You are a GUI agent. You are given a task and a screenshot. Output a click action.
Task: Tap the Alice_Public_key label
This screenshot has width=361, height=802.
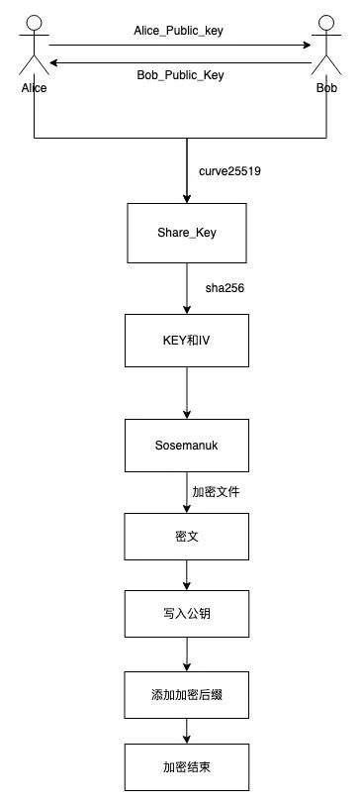click(x=178, y=31)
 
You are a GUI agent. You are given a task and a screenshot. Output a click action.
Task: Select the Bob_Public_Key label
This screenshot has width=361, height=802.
click(x=180, y=75)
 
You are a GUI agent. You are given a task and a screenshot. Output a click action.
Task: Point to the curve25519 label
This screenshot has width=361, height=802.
click(x=229, y=171)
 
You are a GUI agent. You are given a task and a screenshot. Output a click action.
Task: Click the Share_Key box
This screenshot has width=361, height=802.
click(x=187, y=234)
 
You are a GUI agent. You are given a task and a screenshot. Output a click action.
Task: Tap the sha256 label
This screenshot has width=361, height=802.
click(x=225, y=288)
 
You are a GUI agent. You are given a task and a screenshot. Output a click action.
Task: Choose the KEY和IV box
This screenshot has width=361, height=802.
click(x=187, y=341)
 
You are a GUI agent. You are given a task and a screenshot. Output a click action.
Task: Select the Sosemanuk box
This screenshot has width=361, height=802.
click(x=187, y=446)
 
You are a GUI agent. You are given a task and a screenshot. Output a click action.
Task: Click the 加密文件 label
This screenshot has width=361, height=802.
click(x=216, y=492)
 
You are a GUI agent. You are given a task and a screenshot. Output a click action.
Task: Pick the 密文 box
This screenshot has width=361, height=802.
click(x=187, y=537)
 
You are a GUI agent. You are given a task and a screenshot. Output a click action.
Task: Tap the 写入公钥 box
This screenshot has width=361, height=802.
click(x=187, y=614)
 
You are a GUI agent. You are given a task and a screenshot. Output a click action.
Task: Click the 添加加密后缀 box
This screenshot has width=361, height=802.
click(x=187, y=695)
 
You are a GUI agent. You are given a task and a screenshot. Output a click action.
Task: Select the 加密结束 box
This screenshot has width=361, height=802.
click(x=187, y=767)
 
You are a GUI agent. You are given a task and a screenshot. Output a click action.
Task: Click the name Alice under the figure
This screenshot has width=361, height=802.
click(x=35, y=88)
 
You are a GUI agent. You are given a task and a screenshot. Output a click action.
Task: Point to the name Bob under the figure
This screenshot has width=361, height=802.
click(x=326, y=88)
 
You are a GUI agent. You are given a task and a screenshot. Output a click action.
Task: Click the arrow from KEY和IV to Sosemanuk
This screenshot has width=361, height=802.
click(x=187, y=393)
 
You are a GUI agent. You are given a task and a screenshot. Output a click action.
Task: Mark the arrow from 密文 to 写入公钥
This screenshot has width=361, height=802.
click(x=187, y=575)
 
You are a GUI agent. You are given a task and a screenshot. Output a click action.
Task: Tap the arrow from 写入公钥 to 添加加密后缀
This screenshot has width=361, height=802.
click(x=187, y=654)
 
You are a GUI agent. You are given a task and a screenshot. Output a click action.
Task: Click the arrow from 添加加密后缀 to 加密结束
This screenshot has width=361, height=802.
click(x=187, y=732)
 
